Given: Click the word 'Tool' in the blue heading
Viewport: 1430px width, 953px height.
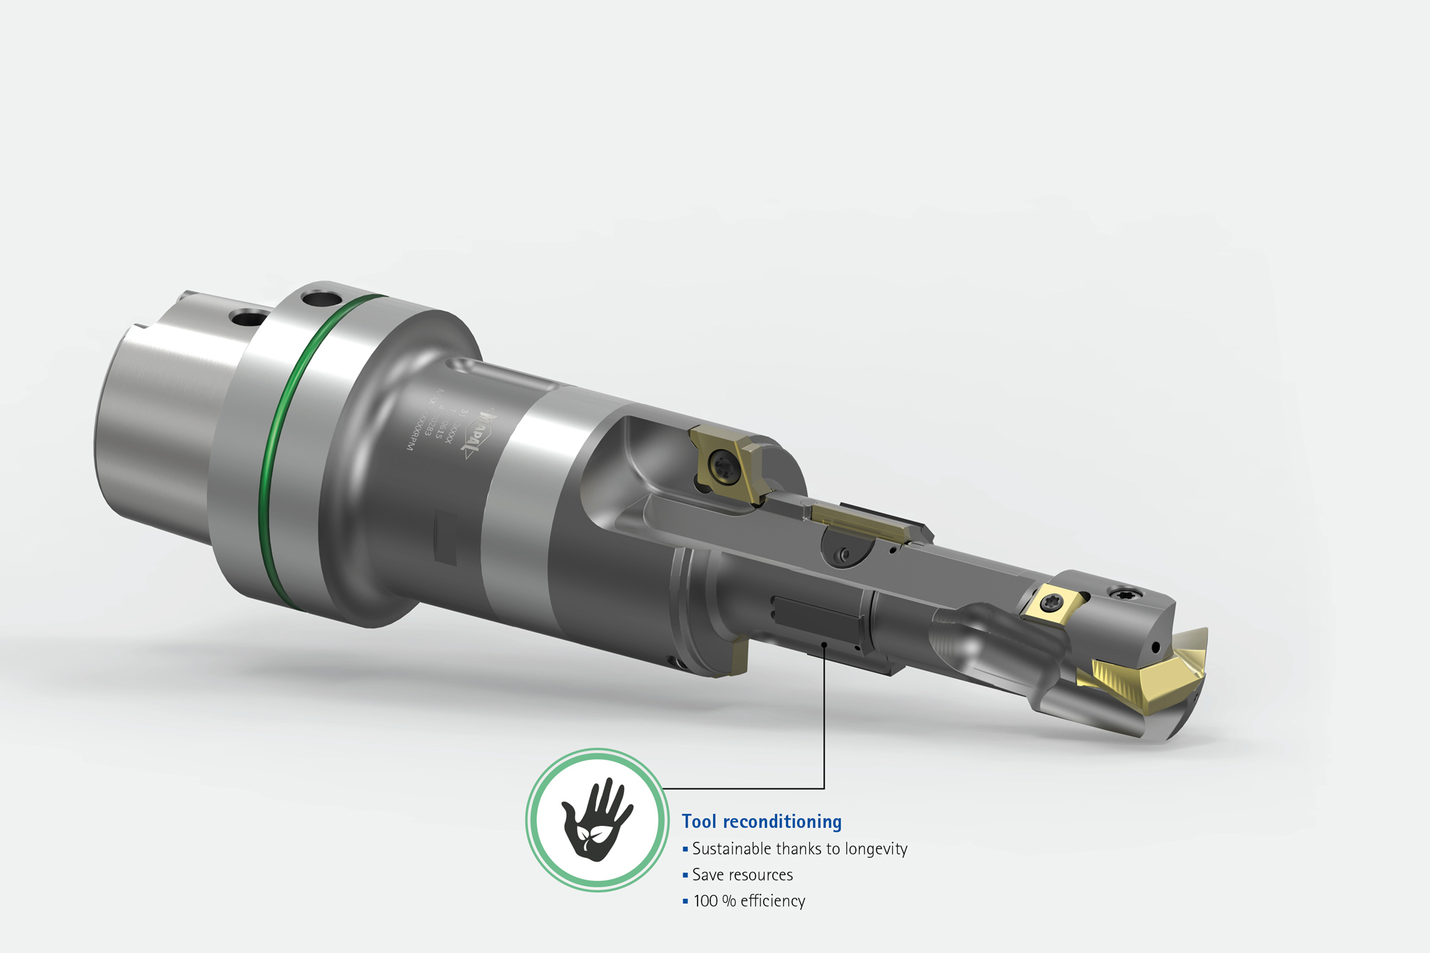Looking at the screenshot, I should pos(699,822).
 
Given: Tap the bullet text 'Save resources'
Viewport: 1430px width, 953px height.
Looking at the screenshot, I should pos(742,875).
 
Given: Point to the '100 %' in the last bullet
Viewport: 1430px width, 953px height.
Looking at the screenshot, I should pos(714,901).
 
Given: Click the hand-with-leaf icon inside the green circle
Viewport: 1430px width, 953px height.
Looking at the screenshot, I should pos(597,820).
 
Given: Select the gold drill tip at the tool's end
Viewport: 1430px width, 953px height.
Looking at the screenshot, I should pos(1152,670).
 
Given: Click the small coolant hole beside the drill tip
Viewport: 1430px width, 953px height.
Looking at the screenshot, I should pos(1156,647).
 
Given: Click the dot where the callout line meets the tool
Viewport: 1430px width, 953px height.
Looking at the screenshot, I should pos(825,644).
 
